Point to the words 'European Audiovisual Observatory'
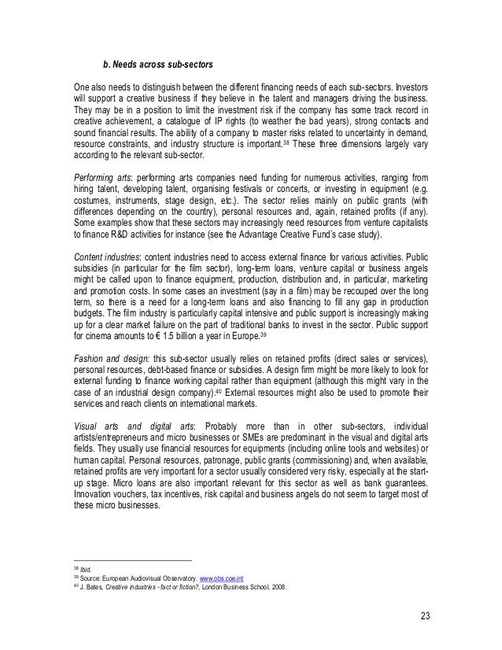(x=147, y=577)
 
